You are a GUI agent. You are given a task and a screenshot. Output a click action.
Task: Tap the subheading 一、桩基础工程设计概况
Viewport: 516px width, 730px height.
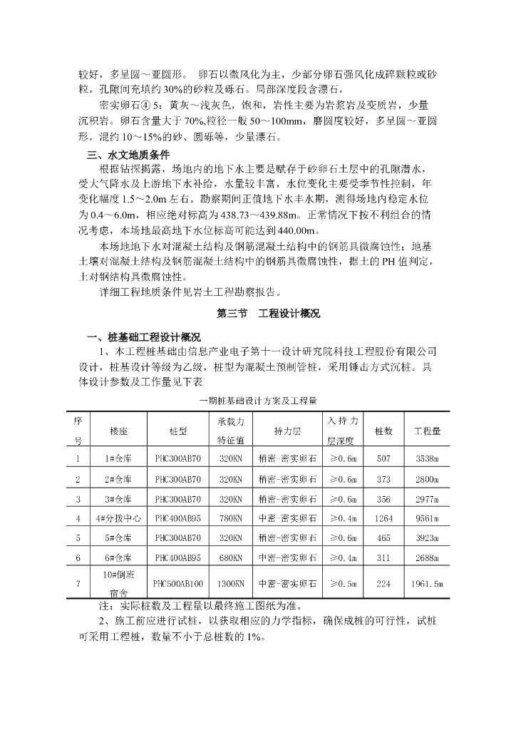click(143, 336)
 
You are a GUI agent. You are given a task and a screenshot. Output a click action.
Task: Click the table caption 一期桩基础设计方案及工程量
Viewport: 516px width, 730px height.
click(257, 402)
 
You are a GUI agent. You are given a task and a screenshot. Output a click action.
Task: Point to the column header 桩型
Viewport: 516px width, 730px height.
click(178, 431)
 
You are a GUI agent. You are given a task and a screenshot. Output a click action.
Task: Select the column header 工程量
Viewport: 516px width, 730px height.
click(427, 431)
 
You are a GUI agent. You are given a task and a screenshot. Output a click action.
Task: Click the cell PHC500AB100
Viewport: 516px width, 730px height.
click(178, 584)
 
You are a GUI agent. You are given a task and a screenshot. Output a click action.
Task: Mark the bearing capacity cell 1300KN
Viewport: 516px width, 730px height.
click(231, 584)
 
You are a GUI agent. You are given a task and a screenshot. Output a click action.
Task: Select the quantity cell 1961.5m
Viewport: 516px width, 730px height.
click(427, 584)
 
